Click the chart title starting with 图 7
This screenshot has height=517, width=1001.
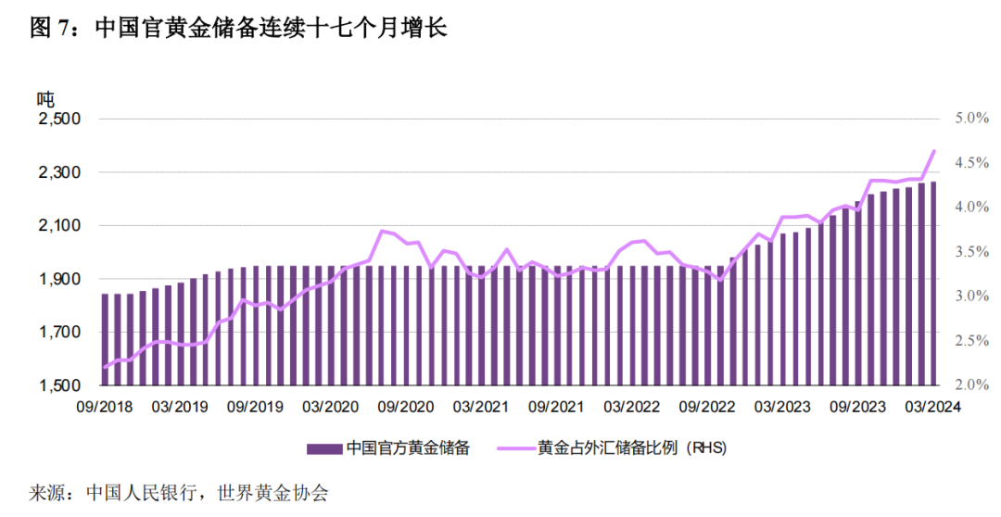click(x=239, y=30)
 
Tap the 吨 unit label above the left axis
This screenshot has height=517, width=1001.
click(x=45, y=97)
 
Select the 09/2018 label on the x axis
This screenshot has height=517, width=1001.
click(x=106, y=407)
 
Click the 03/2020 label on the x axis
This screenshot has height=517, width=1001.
click(x=330, y=407)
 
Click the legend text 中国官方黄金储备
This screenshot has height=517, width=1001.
click(x=408, y=448)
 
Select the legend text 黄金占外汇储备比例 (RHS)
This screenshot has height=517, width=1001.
click(x=631, y=448)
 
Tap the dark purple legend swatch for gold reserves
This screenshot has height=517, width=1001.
click(x=323, y=448)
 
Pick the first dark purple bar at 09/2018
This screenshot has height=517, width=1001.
click(x=105, y=339)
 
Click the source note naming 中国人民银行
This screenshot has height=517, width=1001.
click(x=181, y=493)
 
